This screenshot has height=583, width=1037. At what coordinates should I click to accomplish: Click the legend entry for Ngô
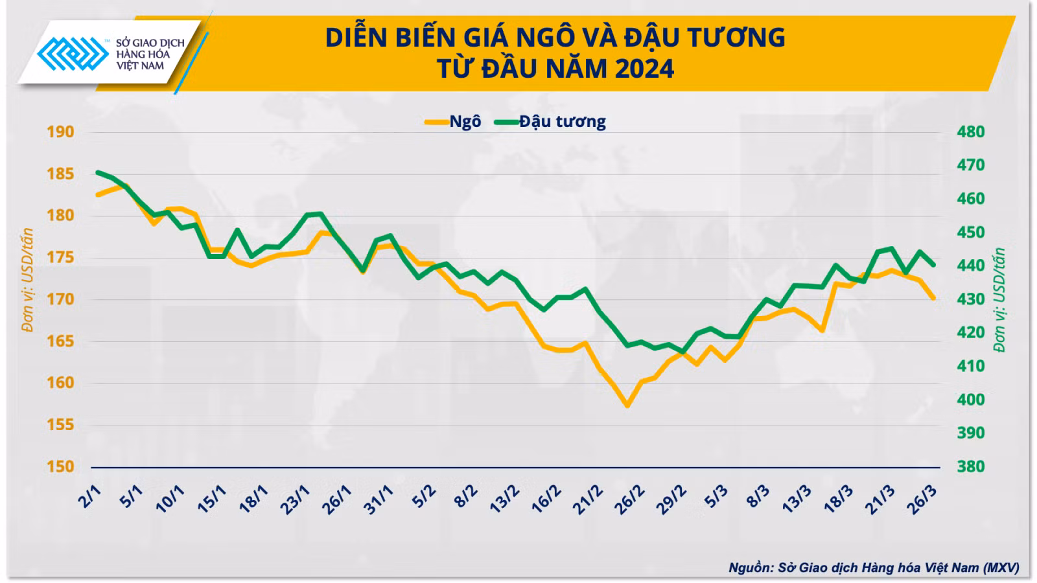coord(454,122)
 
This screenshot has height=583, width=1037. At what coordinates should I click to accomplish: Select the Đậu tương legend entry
coord(550,122)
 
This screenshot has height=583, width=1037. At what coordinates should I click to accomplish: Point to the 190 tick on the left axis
coord(60,132)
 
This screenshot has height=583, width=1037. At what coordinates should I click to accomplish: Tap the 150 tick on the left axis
coord(60,466)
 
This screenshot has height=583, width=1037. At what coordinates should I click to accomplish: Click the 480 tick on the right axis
coord(971,132)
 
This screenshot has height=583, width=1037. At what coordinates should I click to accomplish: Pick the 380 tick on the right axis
coord(971,466)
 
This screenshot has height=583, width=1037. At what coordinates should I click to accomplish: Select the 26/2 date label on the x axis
coord(629,499)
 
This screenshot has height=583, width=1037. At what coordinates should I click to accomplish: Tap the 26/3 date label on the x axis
coord(922,499)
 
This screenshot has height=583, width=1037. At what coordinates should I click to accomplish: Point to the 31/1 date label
coord(379,499)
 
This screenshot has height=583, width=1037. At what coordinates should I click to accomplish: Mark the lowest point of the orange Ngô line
coord(628,406)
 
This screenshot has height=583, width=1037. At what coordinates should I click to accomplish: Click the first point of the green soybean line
coord(98,172)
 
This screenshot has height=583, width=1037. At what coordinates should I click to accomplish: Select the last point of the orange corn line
coord(933,298)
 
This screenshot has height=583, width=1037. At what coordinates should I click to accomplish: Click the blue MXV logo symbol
coord(73,54)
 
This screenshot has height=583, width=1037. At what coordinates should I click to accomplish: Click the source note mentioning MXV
coord(874,567)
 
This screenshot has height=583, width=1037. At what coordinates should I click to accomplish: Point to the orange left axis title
coord(27,280)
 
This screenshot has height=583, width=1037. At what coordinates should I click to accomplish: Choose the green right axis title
coord(1000,300)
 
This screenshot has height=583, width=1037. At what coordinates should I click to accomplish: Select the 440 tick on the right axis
coord(971,266)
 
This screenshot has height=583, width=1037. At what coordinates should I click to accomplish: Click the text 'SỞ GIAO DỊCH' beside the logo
coord(150,43)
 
